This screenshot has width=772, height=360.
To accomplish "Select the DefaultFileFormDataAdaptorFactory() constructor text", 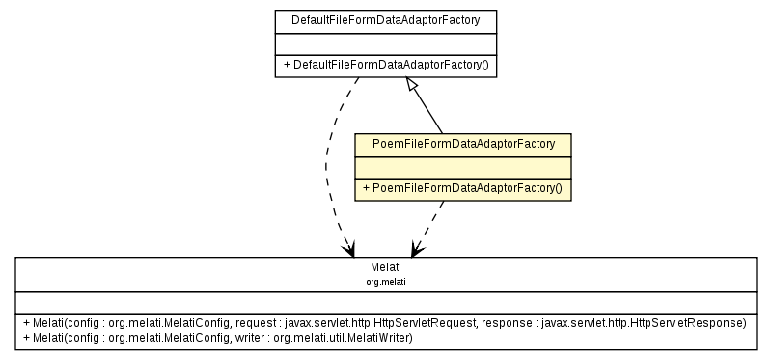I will point(386,66).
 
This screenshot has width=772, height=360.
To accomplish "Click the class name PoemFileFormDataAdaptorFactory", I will point(463,144).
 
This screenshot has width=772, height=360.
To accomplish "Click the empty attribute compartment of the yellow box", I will point(463,167).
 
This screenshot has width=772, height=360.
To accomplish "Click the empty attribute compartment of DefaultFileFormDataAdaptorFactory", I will point(385,42).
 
